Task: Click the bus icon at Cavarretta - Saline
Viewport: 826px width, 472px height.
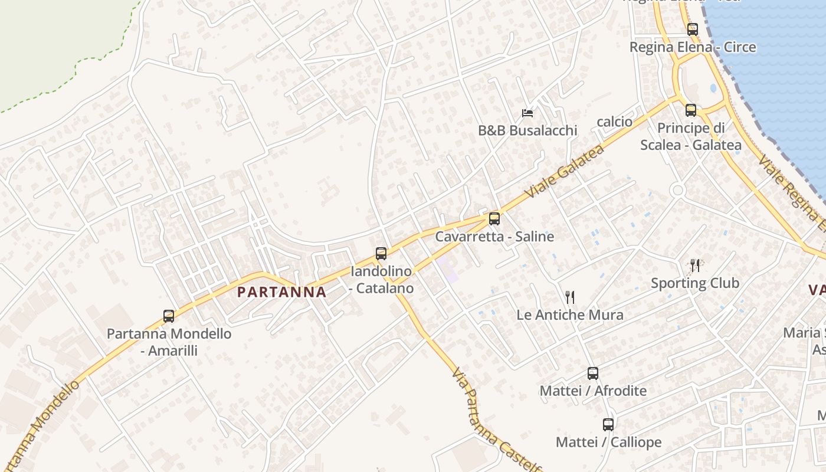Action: click(494, 219)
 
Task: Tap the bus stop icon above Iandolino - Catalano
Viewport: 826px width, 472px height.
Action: click(381, 254)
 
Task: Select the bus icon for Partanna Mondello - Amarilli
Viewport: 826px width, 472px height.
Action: click(169, 316)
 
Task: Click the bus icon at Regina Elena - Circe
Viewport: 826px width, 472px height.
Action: click(692, 29)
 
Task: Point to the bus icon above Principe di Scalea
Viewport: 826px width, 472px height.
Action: click(691, 110)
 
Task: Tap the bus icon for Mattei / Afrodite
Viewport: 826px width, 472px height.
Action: click(593, 373)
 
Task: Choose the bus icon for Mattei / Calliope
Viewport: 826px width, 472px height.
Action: click(608, 424)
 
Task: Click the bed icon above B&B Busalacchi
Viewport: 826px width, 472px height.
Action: click(527, 113)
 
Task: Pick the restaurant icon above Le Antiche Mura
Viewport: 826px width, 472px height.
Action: click(569, 297)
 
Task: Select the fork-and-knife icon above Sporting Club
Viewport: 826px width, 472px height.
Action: click(695, 265)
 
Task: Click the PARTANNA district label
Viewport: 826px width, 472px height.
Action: click(281, 292)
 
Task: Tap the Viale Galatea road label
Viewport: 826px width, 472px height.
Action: click(565, 171)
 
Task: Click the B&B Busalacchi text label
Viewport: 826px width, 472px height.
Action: click(527, 130)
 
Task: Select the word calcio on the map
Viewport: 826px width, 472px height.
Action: click(614, 122)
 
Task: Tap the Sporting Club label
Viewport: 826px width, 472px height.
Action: click(694, 283)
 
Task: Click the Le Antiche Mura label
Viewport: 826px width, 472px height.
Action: click(569, 314)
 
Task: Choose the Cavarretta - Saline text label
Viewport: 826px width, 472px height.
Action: click(494, 237)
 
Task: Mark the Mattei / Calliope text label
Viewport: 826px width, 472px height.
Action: click(608, 442)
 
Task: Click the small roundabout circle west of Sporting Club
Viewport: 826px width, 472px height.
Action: click(677, 190)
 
